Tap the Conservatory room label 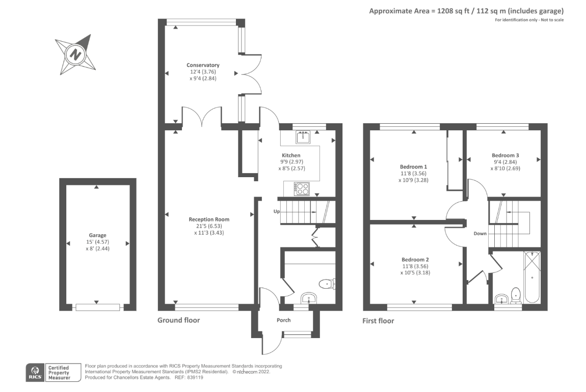coord(203,65)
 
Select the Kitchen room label coord(291,155)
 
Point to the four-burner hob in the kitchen coord(302,188)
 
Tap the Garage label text coord(97,235)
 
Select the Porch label coord(284,320)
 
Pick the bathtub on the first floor coord(531,277)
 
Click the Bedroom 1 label coord(413,167)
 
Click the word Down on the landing coord(480,234)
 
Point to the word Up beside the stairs coord(277,211)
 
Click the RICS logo coord(35,372)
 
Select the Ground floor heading coord(178,320)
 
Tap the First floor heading coord(378,321)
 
